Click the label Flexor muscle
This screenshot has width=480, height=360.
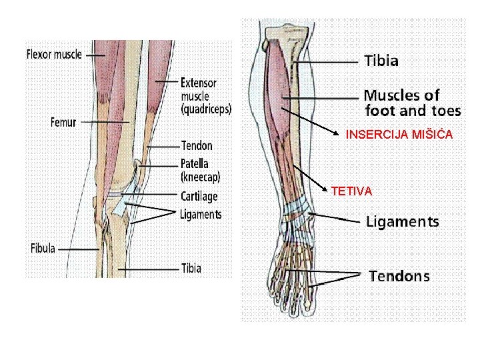(x=54, y=54)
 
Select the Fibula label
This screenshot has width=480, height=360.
(x=46, y=249)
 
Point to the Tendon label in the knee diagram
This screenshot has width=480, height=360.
(x=197, y=145)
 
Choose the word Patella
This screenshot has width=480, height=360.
(x=195, y=163)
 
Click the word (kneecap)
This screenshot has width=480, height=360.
(x=200, y=177)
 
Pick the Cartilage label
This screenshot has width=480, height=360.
(x=199, y=197)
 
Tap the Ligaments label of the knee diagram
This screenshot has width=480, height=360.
(x=201, y=215)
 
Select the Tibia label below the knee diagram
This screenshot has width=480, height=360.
(x=191, y=269)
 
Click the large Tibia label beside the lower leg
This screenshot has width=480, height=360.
(x=381, y=61)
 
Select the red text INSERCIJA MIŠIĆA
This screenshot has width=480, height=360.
(x=399, y=135)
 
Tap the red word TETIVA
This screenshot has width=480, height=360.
(x=351, y=191)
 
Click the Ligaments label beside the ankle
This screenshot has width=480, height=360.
(x=402, y=222)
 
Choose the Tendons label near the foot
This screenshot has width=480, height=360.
(x=399, y=276)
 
